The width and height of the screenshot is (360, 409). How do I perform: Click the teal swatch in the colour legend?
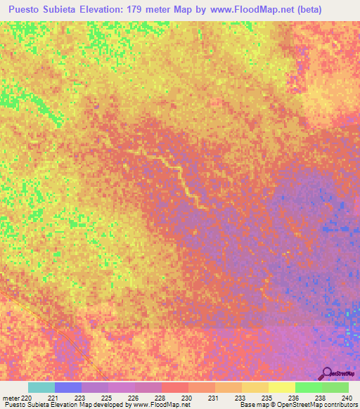[x=41, y=387]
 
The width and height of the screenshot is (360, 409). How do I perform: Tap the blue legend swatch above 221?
[x=68, y=387]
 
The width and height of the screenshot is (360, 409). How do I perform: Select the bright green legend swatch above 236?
[x=308, y=387]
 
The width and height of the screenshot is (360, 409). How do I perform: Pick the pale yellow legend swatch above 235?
[x=281, y=387]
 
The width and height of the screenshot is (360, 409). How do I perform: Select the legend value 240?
[x=347, y=397]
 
